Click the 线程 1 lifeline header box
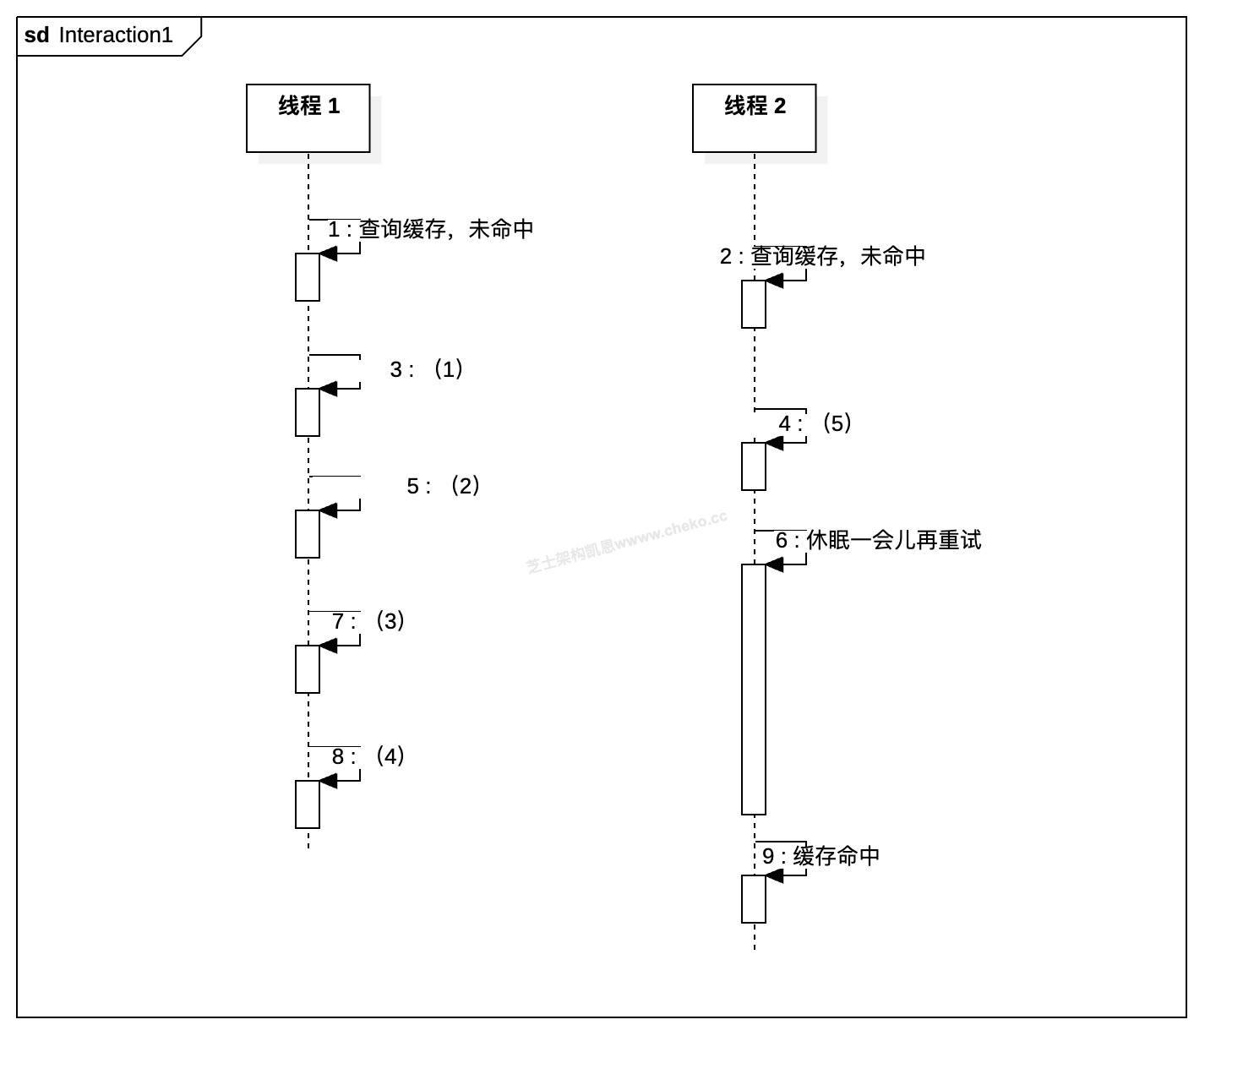[308, 117]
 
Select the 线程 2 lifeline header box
[754, 117]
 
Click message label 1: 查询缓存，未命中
[430, 229]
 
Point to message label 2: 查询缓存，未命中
[822, 256]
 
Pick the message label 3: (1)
[426, 369]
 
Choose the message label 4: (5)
[815, 423]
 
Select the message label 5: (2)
[443, 486]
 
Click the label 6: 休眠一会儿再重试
[878, 540]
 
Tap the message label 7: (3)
[368, 621]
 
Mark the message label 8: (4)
[368, 756]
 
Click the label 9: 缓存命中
[821, 856]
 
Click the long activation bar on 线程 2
[754, 689]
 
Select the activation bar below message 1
[308, 277]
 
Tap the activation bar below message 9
[754, 899]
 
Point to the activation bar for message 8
[308, 804]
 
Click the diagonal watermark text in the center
[626, 542]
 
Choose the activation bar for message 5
[308, 534]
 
